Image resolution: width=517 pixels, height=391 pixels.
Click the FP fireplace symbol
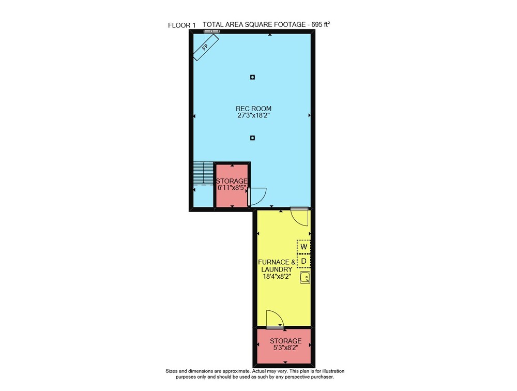tap(206, 48)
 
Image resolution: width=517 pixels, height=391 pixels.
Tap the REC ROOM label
tap(253, 109)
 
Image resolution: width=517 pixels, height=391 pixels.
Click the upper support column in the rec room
tap(252, 77)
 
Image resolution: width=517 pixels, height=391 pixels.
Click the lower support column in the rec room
tap(252, 138)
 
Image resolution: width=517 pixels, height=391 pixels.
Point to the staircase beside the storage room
tap(203, 173)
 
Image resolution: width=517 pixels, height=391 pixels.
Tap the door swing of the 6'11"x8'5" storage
tap(257, 197)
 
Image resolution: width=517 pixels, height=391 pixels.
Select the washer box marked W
tap(303, 247)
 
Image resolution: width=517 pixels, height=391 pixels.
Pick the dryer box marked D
tap(303, 261)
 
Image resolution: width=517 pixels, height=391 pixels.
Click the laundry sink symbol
tap(305, 277)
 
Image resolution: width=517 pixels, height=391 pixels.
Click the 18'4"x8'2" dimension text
tap(276, 277)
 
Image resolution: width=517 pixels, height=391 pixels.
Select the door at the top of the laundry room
tap(299, 217)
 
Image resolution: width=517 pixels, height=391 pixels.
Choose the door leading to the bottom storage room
tap(275, 320)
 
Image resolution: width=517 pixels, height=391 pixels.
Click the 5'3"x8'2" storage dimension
tap(285, 348)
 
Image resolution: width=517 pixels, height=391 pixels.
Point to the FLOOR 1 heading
tap(181, 25)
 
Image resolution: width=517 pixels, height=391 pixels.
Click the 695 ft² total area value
tap(321, 24)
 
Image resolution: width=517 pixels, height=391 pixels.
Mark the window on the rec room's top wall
tap(211, 32)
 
